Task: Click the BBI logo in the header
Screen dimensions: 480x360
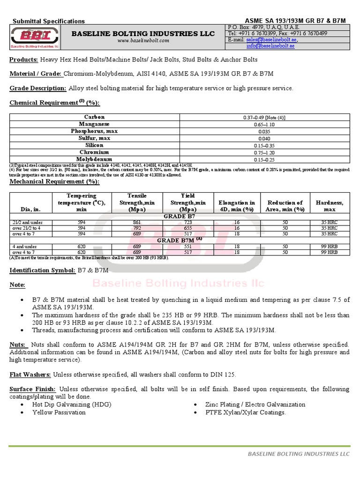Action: coord(36,37)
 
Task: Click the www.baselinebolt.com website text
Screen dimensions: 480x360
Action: coord(143,41)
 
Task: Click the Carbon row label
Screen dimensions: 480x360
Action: coord(94,117)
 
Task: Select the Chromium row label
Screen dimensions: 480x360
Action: coord(94,152)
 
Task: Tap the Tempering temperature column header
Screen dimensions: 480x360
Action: coord(82,202)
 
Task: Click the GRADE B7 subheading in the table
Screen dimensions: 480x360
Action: coord(180,216)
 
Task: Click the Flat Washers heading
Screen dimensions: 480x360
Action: coord(30,375)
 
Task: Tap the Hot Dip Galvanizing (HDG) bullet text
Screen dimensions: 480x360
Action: coord(72,404)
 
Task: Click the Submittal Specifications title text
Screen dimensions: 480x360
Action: coord(48,21)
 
